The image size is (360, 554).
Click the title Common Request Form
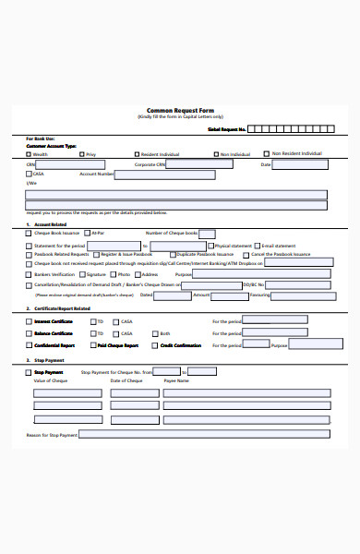point(180,109)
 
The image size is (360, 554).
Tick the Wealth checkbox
point(29,154)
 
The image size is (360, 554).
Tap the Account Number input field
point(162,174)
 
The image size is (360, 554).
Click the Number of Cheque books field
point(207,234)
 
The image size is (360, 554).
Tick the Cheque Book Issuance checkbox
point(29,234)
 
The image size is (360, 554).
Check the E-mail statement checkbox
point(258,246)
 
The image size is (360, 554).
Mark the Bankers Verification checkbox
point(29,274)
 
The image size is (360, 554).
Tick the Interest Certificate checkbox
point(29,321)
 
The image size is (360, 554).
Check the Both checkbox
point(153,333)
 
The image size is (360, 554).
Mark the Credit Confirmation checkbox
point(153,344)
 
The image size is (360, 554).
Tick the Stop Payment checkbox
point(29,372)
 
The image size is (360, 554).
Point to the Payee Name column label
point(176,380)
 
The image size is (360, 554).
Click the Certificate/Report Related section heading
point(61,307)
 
